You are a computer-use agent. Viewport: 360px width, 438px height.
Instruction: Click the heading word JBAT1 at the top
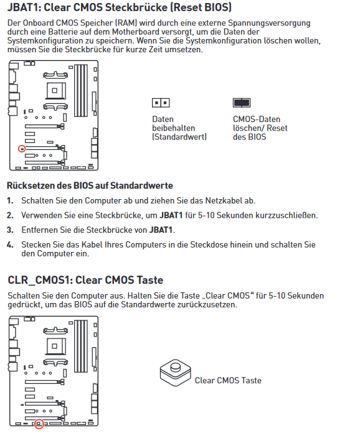tap(24, 7)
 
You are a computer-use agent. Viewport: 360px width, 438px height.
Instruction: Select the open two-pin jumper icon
tap(161, 103)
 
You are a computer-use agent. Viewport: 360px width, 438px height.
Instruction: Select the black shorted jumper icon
tap(242, 103)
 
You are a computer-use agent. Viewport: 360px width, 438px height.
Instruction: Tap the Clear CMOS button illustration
tap(176, 373)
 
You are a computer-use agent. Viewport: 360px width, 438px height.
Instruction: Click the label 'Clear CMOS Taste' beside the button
tap(228, 381)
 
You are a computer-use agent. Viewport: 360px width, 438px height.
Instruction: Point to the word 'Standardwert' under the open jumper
tap(179, 137)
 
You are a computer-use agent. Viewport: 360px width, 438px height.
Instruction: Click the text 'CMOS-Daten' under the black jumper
tap(257, 119)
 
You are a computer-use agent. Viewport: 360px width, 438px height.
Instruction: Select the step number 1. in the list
tap(11, 200)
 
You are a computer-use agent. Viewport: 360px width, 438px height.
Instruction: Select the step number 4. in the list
tap(11, 245)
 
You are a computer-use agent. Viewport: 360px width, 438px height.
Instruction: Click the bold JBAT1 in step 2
tap(171, 215)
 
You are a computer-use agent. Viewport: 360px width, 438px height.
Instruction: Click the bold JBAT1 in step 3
tap(161, 230)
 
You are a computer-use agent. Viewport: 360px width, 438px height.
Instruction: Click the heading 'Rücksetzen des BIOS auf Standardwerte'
tap(90, 185)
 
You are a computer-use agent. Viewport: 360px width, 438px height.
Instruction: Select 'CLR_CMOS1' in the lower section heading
tap(39, 280)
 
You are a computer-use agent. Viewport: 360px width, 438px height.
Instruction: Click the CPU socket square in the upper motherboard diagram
tap(55, 90)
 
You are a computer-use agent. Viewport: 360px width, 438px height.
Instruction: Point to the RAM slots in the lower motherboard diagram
tap(81, 347)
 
